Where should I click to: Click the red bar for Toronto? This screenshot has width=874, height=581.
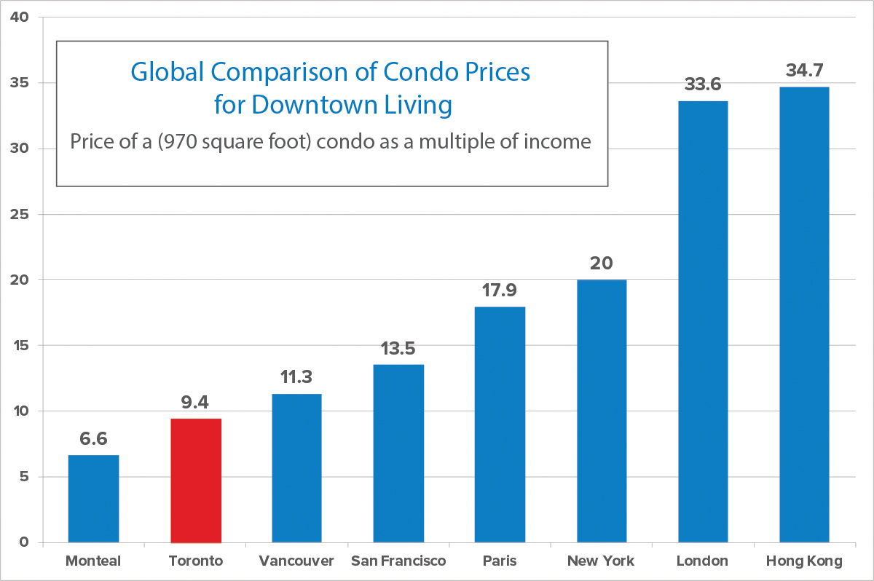point(195,481)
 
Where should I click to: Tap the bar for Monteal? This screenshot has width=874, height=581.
point(93,499)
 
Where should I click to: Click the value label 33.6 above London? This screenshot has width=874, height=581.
point(703,84)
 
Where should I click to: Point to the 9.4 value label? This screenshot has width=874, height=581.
point(195,402)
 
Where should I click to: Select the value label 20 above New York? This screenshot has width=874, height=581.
point(601,263)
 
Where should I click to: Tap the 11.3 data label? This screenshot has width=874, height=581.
point(296,377)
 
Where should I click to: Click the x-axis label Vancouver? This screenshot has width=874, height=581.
point(296,561)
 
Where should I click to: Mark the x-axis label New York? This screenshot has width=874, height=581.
point(601,561)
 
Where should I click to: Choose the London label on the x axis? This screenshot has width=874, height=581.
point(702,561)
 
